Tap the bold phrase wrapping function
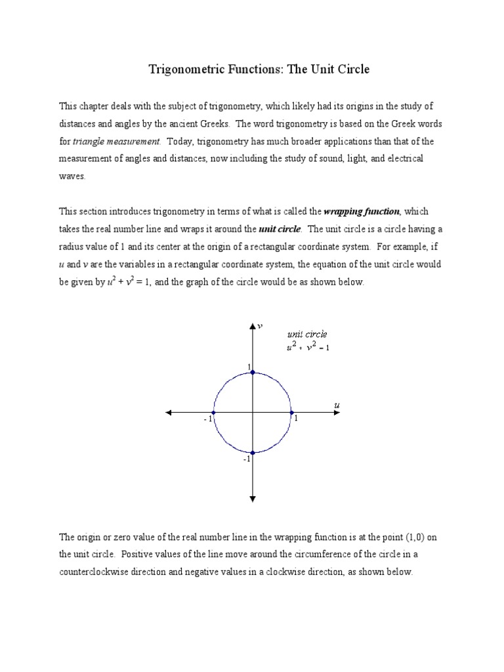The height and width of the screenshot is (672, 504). click(362, 211)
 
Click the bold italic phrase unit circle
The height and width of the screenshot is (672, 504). click(280, 229)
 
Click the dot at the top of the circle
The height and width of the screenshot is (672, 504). click(253, 372)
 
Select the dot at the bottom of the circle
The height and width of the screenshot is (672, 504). click(253, 452)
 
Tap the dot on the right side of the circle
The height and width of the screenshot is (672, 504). click(292, 412)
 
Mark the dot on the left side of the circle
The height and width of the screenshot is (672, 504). click(213, 412)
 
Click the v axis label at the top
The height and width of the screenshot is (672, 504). click(261, 325)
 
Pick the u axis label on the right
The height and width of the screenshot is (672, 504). click(337, 406)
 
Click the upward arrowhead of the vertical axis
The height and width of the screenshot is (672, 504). click(253, 326)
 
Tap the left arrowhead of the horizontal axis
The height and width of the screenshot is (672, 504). click(169, 412)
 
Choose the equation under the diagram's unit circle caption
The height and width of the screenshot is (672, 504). click(308, 347)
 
